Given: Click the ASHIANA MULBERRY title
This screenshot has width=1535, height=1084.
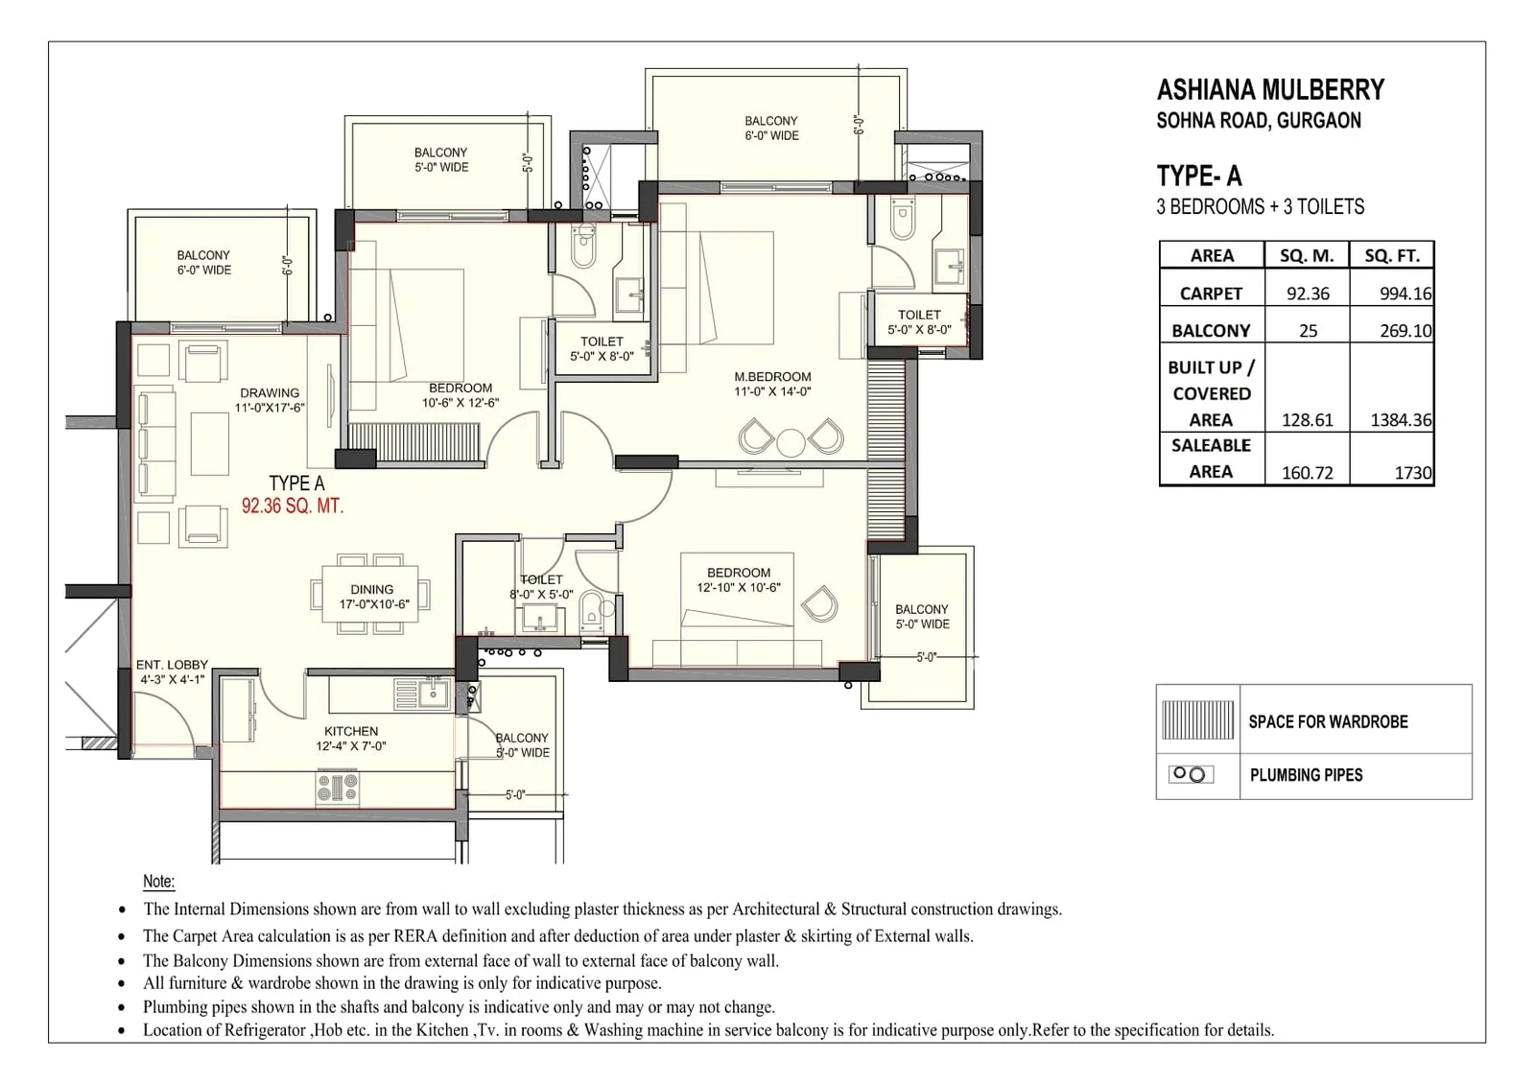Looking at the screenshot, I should point(1270,90).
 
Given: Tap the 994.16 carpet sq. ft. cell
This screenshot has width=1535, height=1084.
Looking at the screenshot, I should point(1405,294).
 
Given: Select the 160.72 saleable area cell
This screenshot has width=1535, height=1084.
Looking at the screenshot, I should point(1307,472).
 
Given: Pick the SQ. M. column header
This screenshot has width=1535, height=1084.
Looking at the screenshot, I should point(1307,255).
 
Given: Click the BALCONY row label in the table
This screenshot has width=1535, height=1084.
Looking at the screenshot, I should point(1211,330).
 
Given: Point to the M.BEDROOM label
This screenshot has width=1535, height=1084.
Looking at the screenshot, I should point(772,377).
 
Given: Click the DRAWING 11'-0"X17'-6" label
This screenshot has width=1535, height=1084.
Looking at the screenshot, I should point(270,400).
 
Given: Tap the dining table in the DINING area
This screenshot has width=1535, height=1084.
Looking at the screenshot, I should point(370,595).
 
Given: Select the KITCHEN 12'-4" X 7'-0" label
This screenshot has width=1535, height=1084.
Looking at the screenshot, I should point(350,738).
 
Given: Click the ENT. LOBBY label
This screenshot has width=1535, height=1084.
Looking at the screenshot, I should point(172,664).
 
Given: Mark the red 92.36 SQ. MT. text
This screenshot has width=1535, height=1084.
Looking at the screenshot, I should point(292,507).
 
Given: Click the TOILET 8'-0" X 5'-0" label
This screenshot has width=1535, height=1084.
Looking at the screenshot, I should point(541,586).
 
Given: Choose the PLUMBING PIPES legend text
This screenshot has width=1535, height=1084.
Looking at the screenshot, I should point(1306,775).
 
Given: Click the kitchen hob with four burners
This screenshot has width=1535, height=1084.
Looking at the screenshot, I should point(337,788).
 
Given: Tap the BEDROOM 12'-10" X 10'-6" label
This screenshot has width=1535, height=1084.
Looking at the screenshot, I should point(738,579).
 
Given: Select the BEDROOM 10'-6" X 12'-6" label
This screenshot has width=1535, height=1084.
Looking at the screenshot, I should point(460,395).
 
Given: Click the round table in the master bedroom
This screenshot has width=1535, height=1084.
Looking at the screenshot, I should point(791,442).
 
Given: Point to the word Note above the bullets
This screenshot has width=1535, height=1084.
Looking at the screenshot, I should point(158,881).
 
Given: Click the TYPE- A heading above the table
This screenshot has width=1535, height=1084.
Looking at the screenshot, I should point(1198,176).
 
